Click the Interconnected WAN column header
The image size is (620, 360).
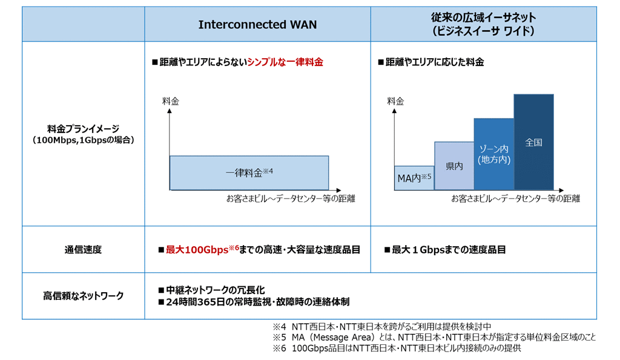click(257, 24)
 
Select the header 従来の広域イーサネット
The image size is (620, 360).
click(483, 18)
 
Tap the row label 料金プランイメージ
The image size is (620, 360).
click(83, 129)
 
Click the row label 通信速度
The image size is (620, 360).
click(83, 250)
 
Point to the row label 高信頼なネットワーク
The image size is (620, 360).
click(83, 296)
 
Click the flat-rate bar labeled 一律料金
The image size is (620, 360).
click(249, 172)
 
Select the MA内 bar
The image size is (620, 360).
click(414, 178)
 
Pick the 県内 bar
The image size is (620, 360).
click(454, 166)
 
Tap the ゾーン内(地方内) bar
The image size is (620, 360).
click(494, 154)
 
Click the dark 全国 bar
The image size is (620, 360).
click(533, 142)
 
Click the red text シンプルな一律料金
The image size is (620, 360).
click(285, 62)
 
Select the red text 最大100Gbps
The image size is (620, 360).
click(197, 250)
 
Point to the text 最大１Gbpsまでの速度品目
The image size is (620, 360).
click(449, 250)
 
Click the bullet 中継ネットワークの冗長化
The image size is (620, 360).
click(215, 290)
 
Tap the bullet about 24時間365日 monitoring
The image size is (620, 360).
click(257, 302)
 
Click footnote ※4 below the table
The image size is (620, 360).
click(382, 326)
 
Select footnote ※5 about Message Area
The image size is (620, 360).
click(434, 337)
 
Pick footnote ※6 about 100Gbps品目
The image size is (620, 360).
click(397, 348)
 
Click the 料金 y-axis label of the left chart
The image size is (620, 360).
click(170, 102)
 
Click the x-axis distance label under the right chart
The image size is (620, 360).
click(516, 198)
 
